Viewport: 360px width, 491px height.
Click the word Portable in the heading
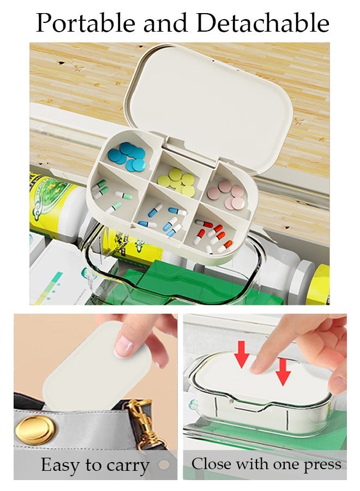click(x=86, y=23)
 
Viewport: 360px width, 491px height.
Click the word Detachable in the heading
click(x=263, y=22)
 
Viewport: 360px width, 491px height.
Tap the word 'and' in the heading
click(x=166, y=23)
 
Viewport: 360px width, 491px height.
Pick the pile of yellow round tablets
click(x=176, y=182)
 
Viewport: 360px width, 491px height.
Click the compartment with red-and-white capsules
click(x=213, y=233)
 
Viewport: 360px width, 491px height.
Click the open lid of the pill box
click(x=211, y=103)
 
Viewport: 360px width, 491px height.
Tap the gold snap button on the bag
click(x=34, y=430)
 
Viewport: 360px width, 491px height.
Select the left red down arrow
click(x=242, y=355)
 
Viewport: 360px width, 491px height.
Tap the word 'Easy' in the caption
click(x=59, y=465)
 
